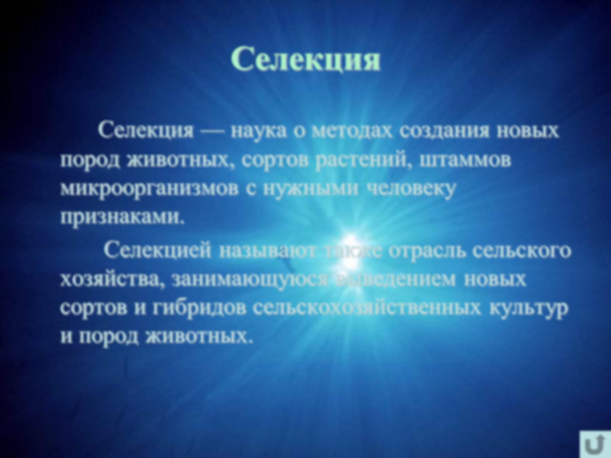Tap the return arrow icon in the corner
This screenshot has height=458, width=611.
click(595, 444)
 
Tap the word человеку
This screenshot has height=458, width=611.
click(411, 189)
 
